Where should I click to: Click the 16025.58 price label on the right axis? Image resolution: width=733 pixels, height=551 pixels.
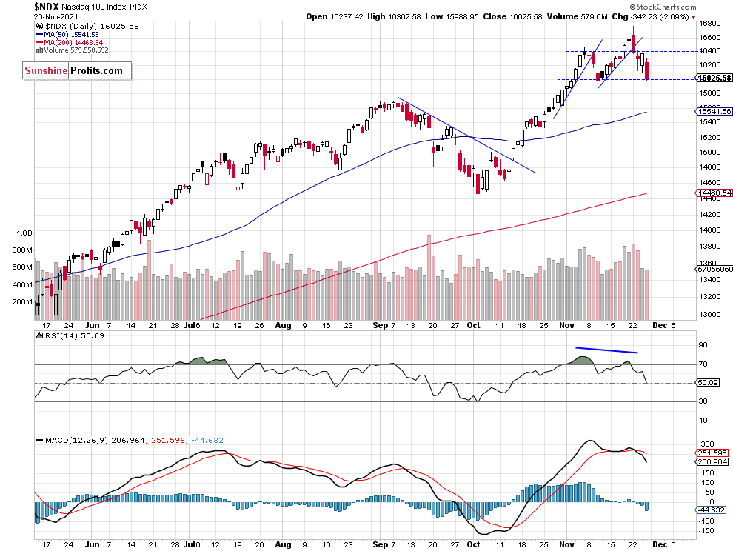tap(714, 78)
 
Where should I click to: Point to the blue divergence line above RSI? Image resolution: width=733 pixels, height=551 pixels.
tap(606, 350)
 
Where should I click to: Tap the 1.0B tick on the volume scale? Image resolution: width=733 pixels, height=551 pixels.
tap(24, 232)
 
